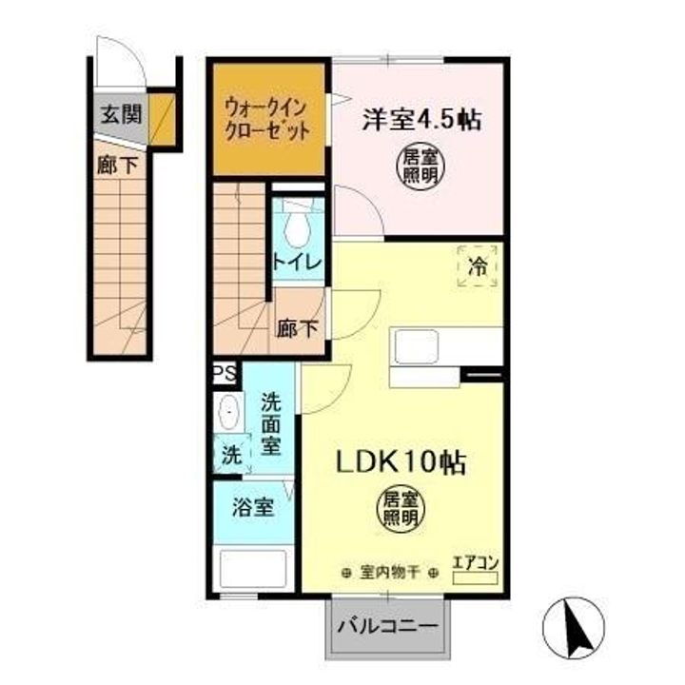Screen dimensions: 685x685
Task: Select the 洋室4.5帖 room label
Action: [420, 121]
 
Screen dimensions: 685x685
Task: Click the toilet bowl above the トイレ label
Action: [297, 226]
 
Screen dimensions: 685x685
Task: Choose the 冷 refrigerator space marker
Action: [479, 267]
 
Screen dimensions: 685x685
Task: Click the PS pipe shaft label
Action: [225, 373]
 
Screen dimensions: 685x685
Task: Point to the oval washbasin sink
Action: [228, 415]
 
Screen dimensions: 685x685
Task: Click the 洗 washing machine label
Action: [231, 455]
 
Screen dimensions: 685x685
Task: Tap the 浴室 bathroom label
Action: [251, 507]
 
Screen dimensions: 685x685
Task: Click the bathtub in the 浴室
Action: [252, 570]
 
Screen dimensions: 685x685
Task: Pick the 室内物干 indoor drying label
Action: [390, 573]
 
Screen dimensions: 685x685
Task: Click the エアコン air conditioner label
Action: [474, 562]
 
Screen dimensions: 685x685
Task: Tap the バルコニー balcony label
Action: [388, 628]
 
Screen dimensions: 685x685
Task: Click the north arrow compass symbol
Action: [574, 629]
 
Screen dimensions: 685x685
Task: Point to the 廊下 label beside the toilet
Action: [298, 329]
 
